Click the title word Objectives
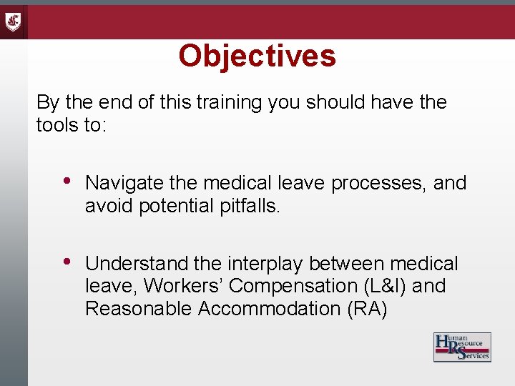(x=257, y=56)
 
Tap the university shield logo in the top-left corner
(x=14, y=21)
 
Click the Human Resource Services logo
(x=462, y=347)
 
